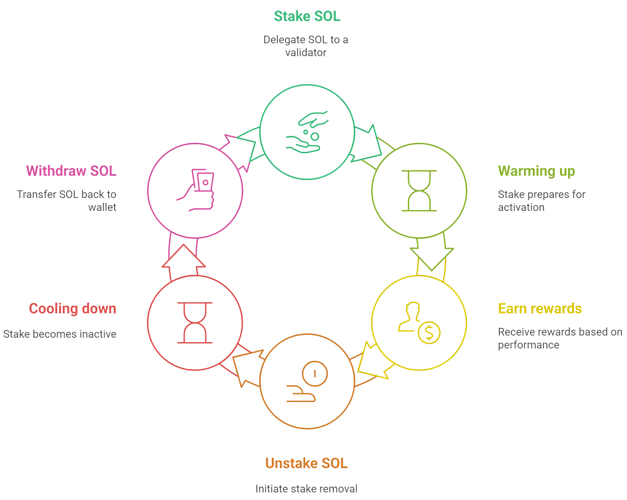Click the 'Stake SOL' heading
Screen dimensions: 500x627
coord(307,16)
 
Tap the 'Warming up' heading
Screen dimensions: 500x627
coord(536,171)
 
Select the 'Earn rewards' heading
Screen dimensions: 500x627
coord(540,309)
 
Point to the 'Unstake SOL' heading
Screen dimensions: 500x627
coord(306,463)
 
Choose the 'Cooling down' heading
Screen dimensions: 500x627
coord(72,309)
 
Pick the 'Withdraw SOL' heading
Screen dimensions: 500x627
coord(71,171)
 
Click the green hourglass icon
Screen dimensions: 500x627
coord(419,191)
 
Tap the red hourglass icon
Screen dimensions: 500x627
coord(195,323)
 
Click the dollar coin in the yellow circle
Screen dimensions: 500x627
coord(429,332)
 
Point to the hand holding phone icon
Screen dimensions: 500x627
coord(196,190)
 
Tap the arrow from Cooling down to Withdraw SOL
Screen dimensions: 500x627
coord(183,258)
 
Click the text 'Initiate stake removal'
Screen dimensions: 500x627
coord(306,489)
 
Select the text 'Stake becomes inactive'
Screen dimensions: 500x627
coord(60,334)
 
